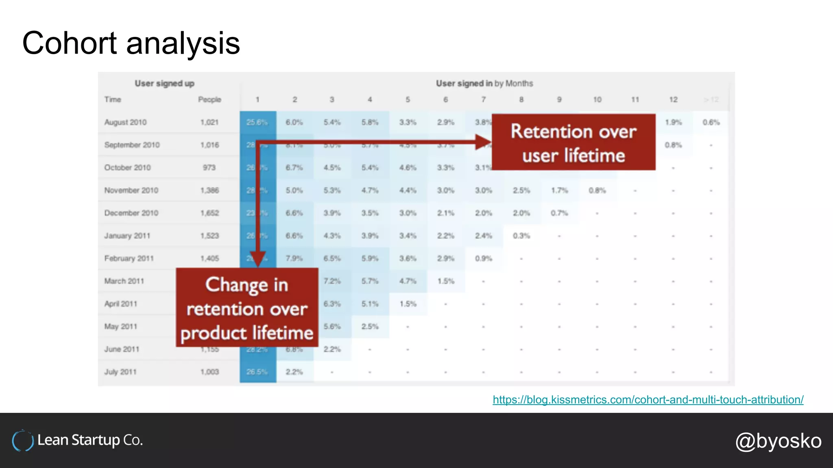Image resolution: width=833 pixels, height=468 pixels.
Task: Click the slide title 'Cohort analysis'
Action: [x=131, y=43]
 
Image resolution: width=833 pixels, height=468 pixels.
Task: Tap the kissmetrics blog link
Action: [x=648, y=400]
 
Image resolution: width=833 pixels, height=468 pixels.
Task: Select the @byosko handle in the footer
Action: [x=778, y=441]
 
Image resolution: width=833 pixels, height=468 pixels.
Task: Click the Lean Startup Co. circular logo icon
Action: [x=22, y=441]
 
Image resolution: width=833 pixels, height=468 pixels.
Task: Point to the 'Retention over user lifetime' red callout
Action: [x=574, y=142]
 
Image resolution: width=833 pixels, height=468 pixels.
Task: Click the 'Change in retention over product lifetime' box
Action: [x=247, y=308]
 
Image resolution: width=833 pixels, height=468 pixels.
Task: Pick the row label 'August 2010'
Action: [x=125, y=122]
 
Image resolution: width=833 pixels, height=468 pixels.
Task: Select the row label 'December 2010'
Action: [x=131, y=213]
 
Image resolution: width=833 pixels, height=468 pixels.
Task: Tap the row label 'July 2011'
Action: [x=120, y=372]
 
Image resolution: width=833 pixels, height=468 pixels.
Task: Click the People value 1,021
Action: [x=209, y=122]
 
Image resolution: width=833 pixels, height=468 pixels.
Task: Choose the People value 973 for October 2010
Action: [x=209, y=167]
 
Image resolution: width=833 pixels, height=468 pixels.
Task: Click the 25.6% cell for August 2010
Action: [x=257, y=122]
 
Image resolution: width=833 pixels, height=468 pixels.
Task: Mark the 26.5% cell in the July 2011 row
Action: [x=257, y=372]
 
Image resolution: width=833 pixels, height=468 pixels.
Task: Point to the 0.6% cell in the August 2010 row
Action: [x=711, y=122]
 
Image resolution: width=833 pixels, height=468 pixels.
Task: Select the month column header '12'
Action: [x=673, y=100]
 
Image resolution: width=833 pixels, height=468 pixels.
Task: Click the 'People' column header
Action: [x=209, y=100]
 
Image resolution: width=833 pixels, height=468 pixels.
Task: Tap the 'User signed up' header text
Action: [x=164, y=83]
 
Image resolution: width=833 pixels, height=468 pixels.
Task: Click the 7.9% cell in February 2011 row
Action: [x=294, y=258]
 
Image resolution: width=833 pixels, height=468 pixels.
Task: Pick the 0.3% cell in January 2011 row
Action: [x=521, y=236]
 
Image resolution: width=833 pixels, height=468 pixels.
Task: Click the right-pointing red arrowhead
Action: [x=484, y=142]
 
